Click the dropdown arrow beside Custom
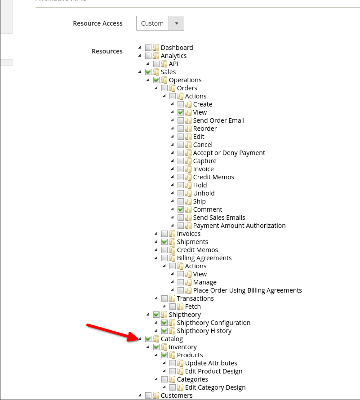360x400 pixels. pyautogui.click(x=176, y=23)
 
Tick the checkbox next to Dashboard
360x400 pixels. pyautogui.click(x=148, y=48)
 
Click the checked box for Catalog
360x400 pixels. pyautogui.click(x=148, y=339)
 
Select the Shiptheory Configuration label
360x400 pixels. pyautogui.click(x=213, y=323)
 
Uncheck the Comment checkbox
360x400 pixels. pyautogui.click(x=181, y=209)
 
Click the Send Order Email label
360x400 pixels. pyautogui.click(x=219, y=120)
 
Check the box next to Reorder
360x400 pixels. pyautogui.click(x=181, y=129)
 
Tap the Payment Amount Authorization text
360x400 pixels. pyautogui.click(x=239, y=226)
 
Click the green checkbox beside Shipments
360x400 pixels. pyautogui.click(x=164, y=242)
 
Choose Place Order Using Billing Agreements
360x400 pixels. pyautogui.click(x=247, y=290)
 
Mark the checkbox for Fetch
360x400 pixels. pyautogui.click(x=173, y=307)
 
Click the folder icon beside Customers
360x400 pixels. pyautogui.click(x=156, y=396)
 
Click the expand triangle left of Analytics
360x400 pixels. pyautogui.click(x=140, y=56)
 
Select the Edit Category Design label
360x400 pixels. pyautogui.click(x=215, y=387)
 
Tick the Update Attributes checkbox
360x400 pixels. pyautogui.click(x=173, y=363)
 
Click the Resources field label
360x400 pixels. pyautogui.click(x=107, y=51)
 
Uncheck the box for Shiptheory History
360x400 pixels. pyautogui.click(x=164, y=331)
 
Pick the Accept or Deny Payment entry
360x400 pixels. pyautogui.click(x=229, y=153)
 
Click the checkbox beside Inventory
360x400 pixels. pyautogui.click(x=156, y=347)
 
